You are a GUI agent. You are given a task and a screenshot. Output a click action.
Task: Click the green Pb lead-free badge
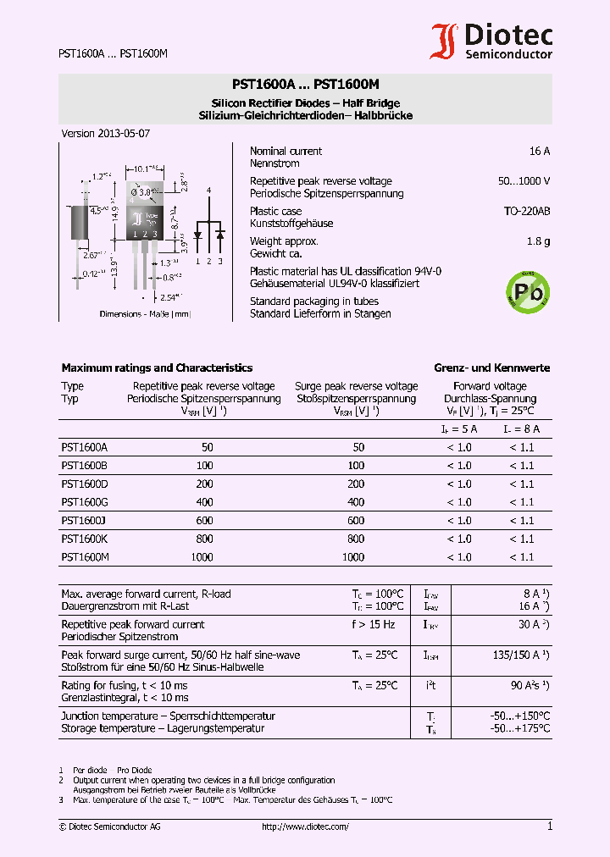[x=527, y=292]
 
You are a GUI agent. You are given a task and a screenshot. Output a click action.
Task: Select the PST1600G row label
[x=84, y=502]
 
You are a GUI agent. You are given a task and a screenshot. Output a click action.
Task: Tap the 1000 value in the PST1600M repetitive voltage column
[x=202, y=557]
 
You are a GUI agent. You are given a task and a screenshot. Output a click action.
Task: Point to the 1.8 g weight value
[x=538, y=241]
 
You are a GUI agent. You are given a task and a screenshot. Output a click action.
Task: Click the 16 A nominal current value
[x=539, y=151]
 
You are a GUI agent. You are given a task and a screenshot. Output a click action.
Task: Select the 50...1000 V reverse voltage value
[x=524, y=181]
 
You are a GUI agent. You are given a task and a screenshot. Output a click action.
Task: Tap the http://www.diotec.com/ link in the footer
[x=305, y=827]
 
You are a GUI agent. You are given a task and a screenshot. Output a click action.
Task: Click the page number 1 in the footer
[x=549, y=827]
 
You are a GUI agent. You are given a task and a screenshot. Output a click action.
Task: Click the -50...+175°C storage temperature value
[x=519, y=728]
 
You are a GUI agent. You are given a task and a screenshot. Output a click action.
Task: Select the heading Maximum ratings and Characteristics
[x=157, y=368]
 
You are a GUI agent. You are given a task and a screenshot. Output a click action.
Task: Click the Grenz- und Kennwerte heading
[x=491, y=368]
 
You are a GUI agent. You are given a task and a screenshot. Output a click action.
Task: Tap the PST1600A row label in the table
[x=84, y=447]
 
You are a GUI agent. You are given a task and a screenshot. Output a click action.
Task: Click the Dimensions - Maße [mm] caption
[x=145, y=314]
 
